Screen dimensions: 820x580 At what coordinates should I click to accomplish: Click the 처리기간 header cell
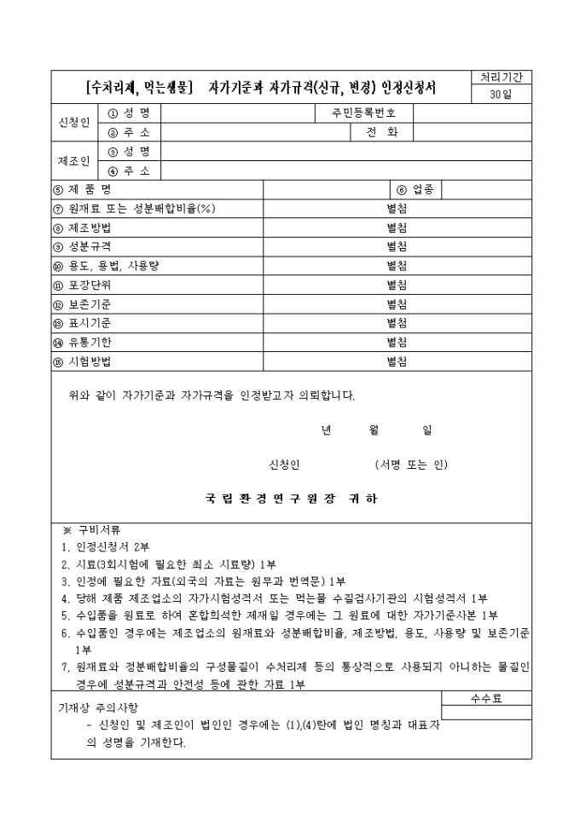pyautogui.click(x=502, y=78)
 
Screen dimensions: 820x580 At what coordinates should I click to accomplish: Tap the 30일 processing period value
pyautogui.click(x=502, y=95)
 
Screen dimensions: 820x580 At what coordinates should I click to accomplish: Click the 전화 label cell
pyautogui.click(x=381, y=132)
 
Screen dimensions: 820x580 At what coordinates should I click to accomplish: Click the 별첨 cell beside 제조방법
pyautogui.click(x=397, y=228)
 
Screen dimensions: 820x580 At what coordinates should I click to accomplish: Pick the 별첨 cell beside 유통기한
pyautogui.click(x=397, y=342)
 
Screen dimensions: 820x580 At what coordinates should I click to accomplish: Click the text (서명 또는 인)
pyautogui.click(x=410, y=465)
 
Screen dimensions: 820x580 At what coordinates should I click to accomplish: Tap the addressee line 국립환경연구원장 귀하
pyautogui.click(x=291, y=499)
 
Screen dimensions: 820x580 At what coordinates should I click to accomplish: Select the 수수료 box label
pyautogui.click(x=486, y=698)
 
